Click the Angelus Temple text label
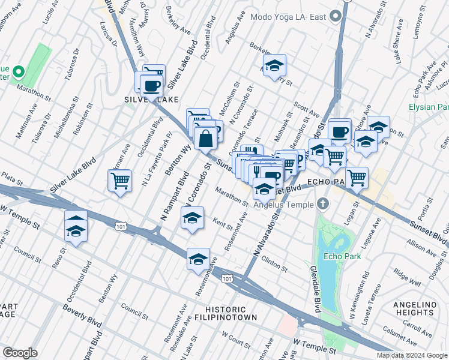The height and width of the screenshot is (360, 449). click(284, 205)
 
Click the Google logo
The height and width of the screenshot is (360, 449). click(20, 353)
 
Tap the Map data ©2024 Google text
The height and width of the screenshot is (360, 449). click(412, 355)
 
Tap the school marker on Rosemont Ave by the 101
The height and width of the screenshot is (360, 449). click(198, 259)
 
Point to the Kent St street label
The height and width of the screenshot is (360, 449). click(222, 223)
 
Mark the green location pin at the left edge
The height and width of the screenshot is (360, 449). click(18, 73)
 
